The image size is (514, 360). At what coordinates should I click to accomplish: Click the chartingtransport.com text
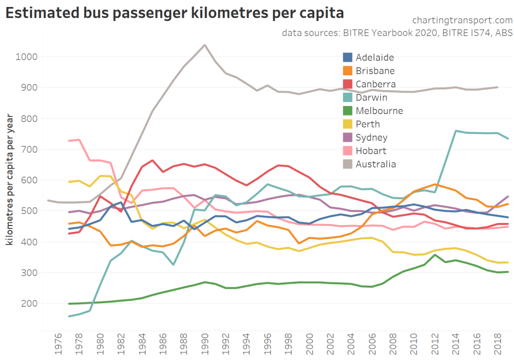point(462,20)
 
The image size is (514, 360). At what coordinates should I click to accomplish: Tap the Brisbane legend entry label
point(375,71)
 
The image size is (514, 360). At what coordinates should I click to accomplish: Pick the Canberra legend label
point(375,84)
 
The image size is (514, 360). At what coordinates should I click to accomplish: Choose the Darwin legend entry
point(371,97)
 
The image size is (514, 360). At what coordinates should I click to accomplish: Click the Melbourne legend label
point(379,111)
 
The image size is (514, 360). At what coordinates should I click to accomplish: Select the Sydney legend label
point(371,138)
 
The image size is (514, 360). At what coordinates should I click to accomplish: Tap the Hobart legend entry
point(371,151)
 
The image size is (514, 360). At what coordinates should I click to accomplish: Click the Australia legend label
point(375,164)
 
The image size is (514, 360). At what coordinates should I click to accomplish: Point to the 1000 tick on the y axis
point(27,57)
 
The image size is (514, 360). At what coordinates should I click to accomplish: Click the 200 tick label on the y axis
point(30,304)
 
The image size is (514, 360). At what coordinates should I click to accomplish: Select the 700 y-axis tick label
point(30,150)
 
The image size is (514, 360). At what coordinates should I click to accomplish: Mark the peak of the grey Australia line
point(204,45)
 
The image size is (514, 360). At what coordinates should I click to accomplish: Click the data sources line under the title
point(397,33)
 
